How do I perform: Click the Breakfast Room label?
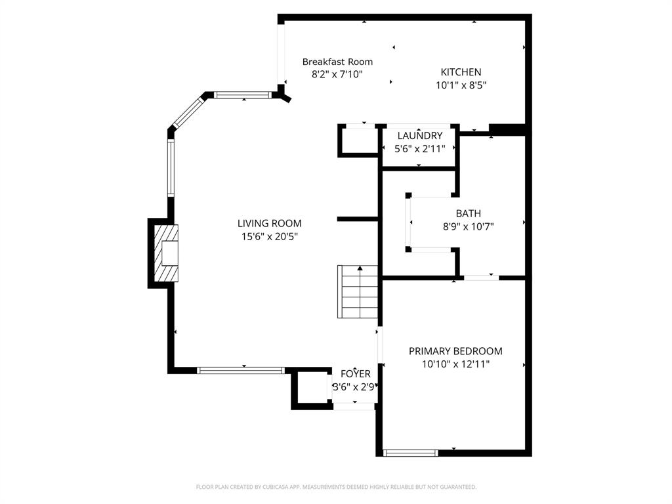(x=337, y=62)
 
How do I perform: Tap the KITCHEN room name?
(x=461, y=72)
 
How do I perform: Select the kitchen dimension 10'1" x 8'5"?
(x=461, y=85)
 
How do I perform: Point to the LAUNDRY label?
(x=419, y=136)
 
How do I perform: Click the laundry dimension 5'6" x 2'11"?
(x=419, y=148)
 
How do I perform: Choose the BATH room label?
(x=468, y=213)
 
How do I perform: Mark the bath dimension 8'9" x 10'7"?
(x=468, y=226)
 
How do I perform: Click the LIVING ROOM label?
(x=269, y=223)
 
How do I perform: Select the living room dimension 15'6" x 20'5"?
(x=269, y=236)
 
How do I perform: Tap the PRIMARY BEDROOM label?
(x=455, y=351)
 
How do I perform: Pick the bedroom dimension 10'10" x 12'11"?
(x=455, y=364)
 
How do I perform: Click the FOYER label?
(x=355, y=374)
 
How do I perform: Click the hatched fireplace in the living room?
(x=165, y=253)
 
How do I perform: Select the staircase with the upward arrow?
(x=358, y=291)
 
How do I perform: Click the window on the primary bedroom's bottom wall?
(x=410, y=452)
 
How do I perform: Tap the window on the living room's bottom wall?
(x=241, y=370)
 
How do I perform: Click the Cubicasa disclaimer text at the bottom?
(x=336, y=487)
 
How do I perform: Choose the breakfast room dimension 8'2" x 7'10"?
(x=337, y=74)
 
